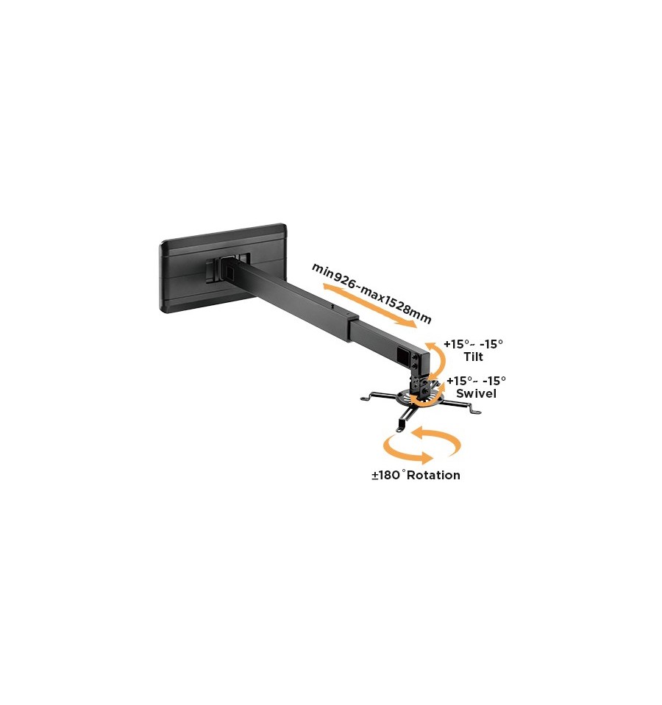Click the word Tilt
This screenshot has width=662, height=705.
[473, 357]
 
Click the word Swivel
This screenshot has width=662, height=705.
[476, 393]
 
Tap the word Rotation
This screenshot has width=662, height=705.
[433, 475]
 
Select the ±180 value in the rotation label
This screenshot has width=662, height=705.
[386, 475]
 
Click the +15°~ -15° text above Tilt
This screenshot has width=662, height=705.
[473, 344]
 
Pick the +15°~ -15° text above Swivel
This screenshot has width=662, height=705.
[476, 381]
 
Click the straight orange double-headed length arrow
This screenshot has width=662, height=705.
[370, 305]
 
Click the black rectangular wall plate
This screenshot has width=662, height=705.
[224, 268]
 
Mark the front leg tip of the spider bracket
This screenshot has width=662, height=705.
[399, 429]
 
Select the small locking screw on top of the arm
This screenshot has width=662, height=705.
[332, 307]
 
